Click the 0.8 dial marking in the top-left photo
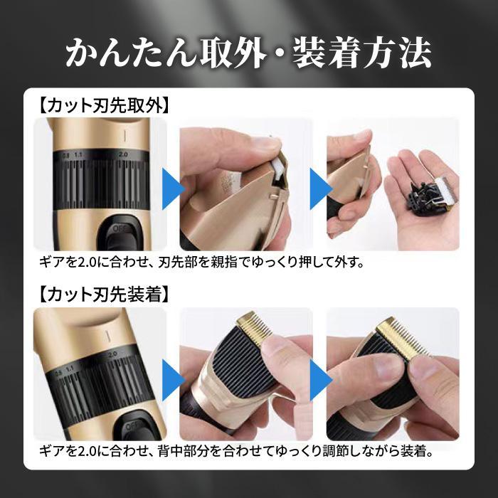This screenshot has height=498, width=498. pos(65,155)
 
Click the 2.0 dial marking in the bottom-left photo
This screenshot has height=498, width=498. pos(112,354)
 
